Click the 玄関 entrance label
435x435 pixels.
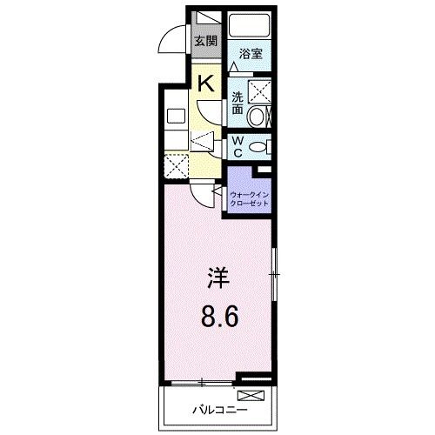(205, 40)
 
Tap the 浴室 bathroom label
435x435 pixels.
(252, 52)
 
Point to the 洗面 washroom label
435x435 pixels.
(238, 104)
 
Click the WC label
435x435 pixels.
(238, 148)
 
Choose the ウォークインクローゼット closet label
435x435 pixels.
(250, 199)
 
